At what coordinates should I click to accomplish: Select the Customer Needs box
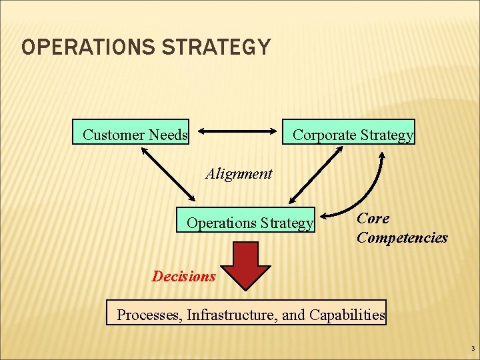click(x=135, y=135)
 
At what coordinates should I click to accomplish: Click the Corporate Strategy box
click(x=353, y=135)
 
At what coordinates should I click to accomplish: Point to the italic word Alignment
click(x=239, y=174)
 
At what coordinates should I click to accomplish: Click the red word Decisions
click(x=184, y=276)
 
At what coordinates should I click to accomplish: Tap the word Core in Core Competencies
click(x=373, y=218)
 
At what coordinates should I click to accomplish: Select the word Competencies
click(x=402, y=238)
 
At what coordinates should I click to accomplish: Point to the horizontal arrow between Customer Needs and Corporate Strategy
click(x=238, y=131)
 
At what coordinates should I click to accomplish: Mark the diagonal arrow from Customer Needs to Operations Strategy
click(x=168, y=174)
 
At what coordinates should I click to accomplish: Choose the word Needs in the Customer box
click(x=170, y=135)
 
